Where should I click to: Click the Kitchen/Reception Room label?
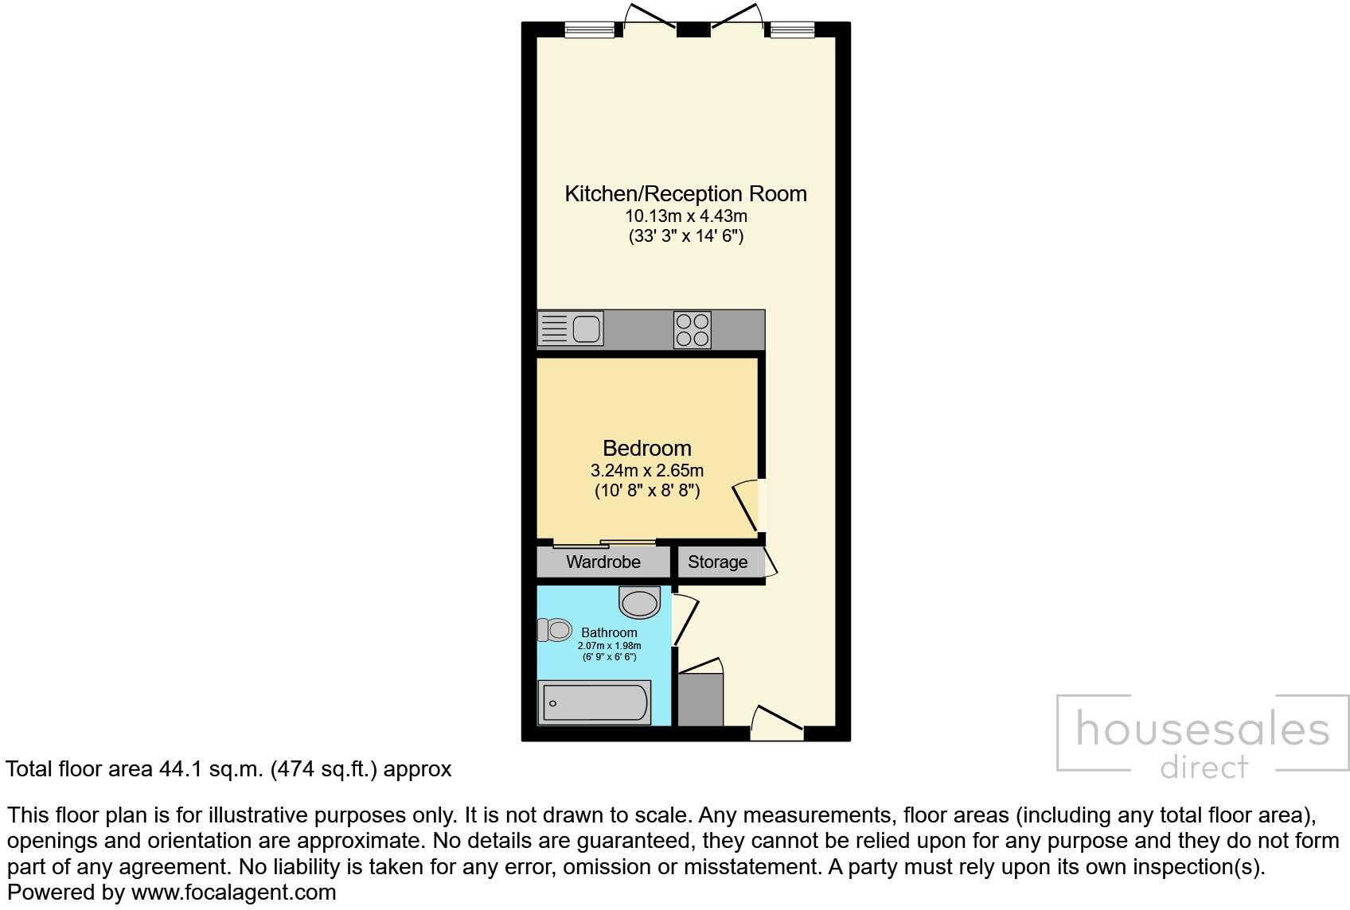click(x=685, y=193)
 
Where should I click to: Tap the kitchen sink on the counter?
click(x=572, y=329)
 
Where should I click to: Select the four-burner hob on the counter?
click(x=692, y=329)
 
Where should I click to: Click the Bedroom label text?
click(x=646, y=448)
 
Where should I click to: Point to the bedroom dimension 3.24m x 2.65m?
click(x=646, y=470)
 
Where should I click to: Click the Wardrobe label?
click(x=603, y=562)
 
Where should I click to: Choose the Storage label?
click(x=717, y=562)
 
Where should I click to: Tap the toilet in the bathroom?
click(x=554, y=630)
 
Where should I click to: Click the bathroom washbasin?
click(x=640, y=602)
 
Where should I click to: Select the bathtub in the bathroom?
click(x=595, y=702)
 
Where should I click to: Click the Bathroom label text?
click(x=609, y=633)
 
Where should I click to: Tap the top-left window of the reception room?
click(x=590, y=30)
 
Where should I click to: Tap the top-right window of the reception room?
click(x=792, y=30)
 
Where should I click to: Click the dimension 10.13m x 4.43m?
click(x=685, y=216)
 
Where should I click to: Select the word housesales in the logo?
click(x=1202, y=729)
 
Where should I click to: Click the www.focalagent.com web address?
click(x=233, y=892)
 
